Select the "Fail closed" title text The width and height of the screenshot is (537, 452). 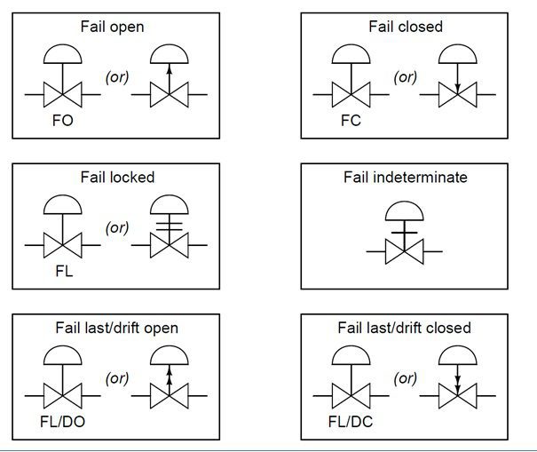[x=405, y=27]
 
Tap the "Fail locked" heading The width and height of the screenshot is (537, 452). [x=115, y=178]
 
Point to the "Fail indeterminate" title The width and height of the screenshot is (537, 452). [x=405, y=178]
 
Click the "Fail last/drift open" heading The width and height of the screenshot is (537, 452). [x=115, y=329]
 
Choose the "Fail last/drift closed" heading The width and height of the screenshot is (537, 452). [x=405, y=329]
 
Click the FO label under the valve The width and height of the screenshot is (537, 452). [x=62, y=120]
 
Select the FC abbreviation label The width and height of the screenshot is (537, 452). [x=351, y=120]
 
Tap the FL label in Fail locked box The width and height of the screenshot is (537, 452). [x=61, y=271]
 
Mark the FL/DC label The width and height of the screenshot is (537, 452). [x=352, y=423]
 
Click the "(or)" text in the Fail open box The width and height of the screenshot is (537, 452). [x=116, y=77]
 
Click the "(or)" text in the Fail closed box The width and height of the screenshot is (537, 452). [x=406, y=77]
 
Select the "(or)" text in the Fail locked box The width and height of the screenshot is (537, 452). [x=116, y=228]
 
